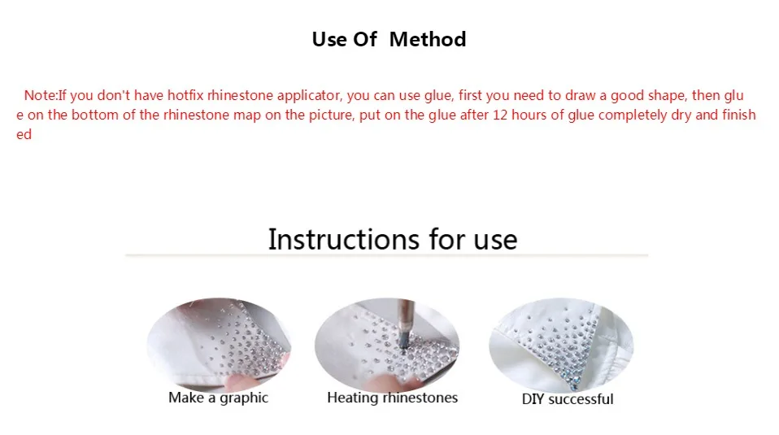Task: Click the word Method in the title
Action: [x=428, y=40]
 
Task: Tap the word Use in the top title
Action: [x=329, y=40]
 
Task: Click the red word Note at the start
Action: [x=40, y=95]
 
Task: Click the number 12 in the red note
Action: [x=500, y=115]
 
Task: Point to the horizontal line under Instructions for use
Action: [x=387, y=255]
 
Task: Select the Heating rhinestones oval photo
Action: [x=387, y=344]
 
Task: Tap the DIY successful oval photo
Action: [x=561, y=345]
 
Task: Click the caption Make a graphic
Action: [x=218, y=398]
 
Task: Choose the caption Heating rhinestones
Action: [x=393, y=398]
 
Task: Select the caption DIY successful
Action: [x=568, y=399]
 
